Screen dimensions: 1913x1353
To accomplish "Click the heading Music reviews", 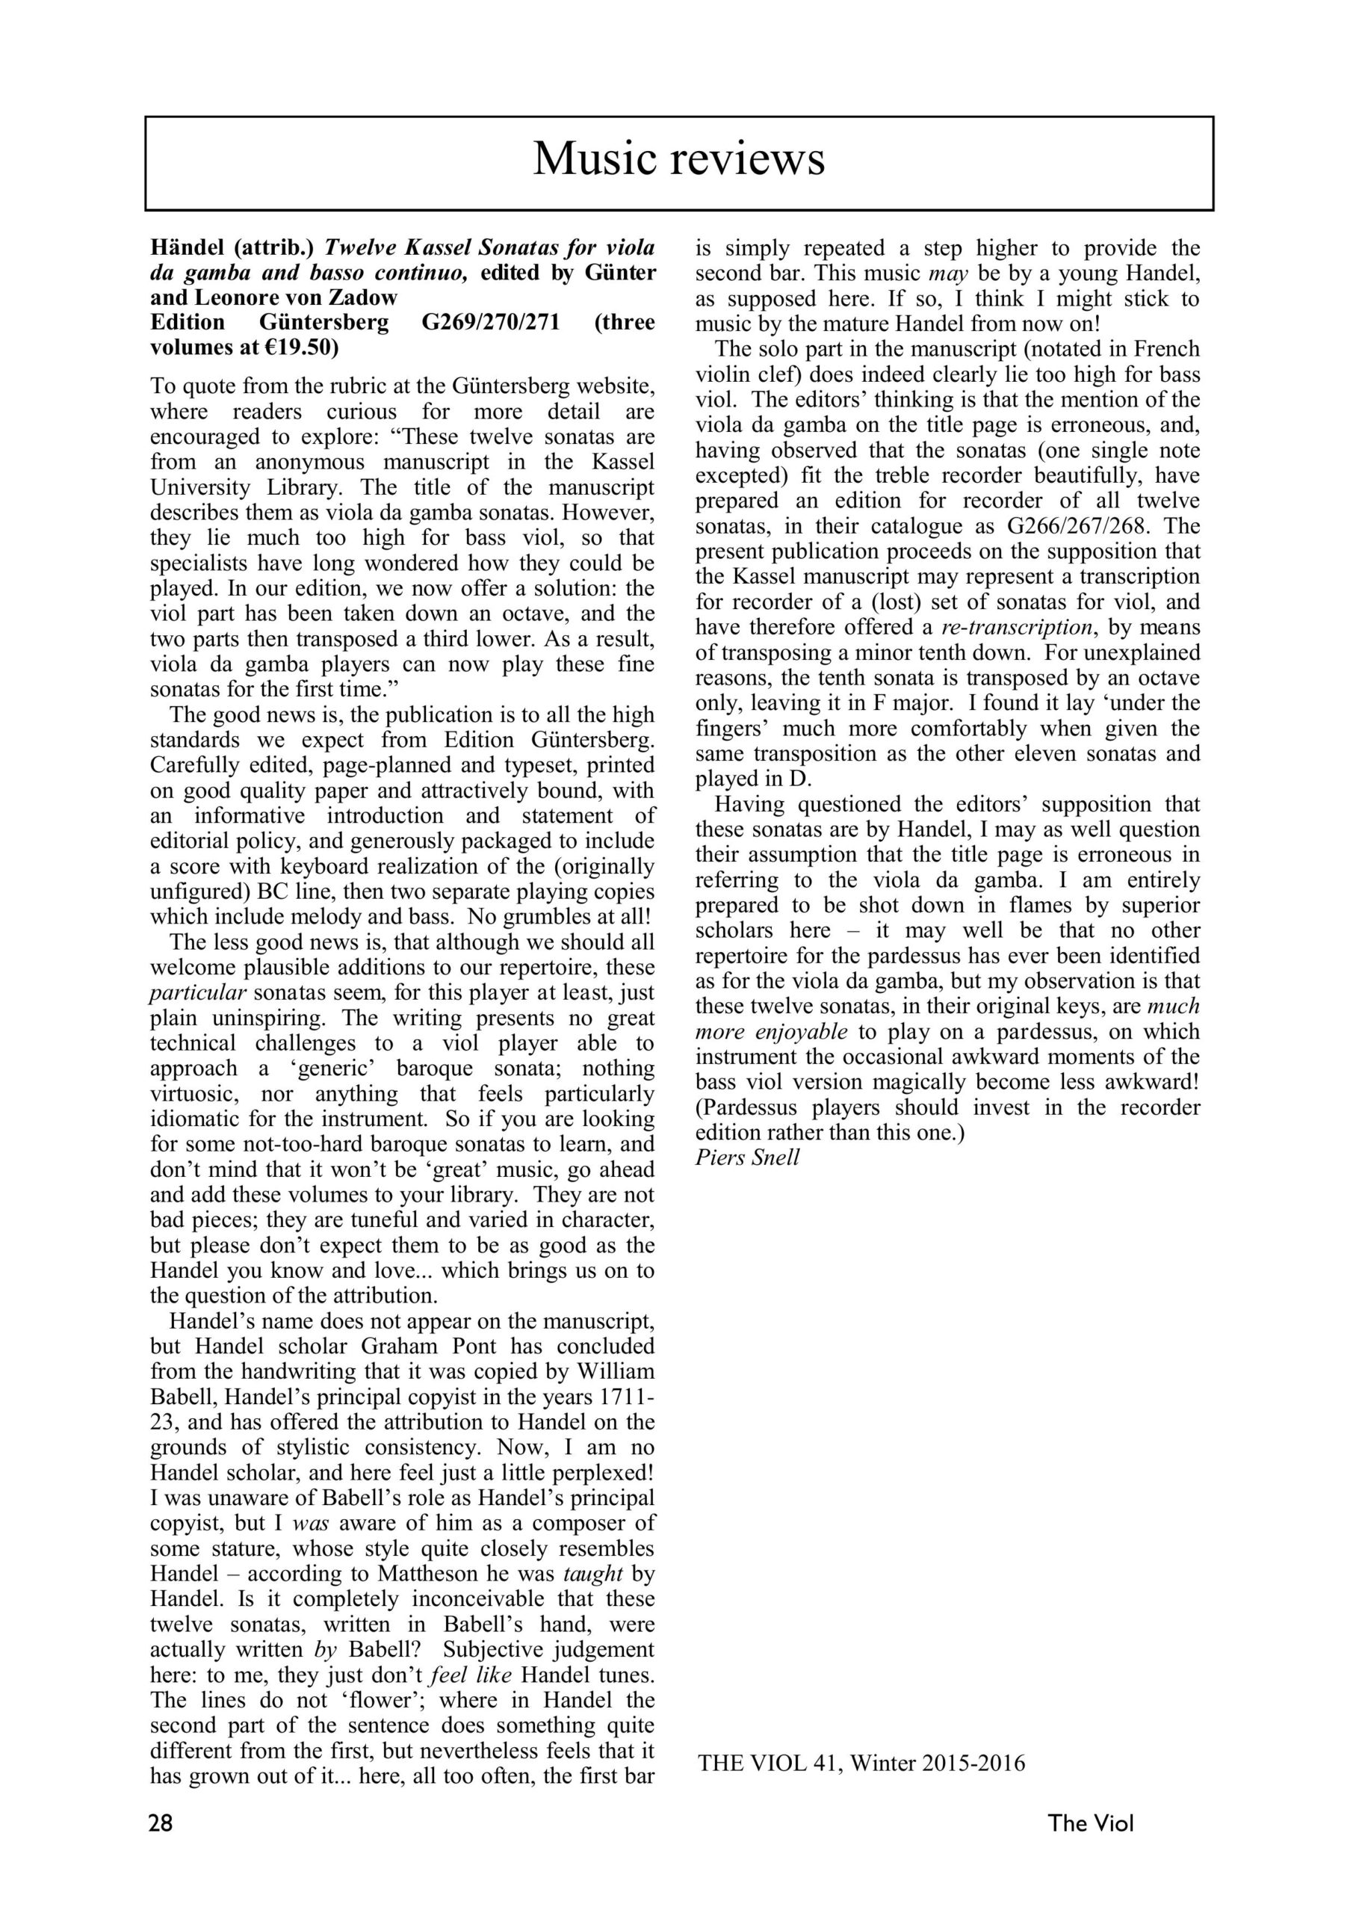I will coord(678,158).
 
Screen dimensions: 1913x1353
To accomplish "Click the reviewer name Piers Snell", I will coord(747,1158).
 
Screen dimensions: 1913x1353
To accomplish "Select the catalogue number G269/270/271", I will coord(491,322).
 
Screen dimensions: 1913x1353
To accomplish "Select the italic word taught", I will coord(593,1574).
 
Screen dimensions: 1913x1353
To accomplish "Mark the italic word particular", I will coord(197,993).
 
